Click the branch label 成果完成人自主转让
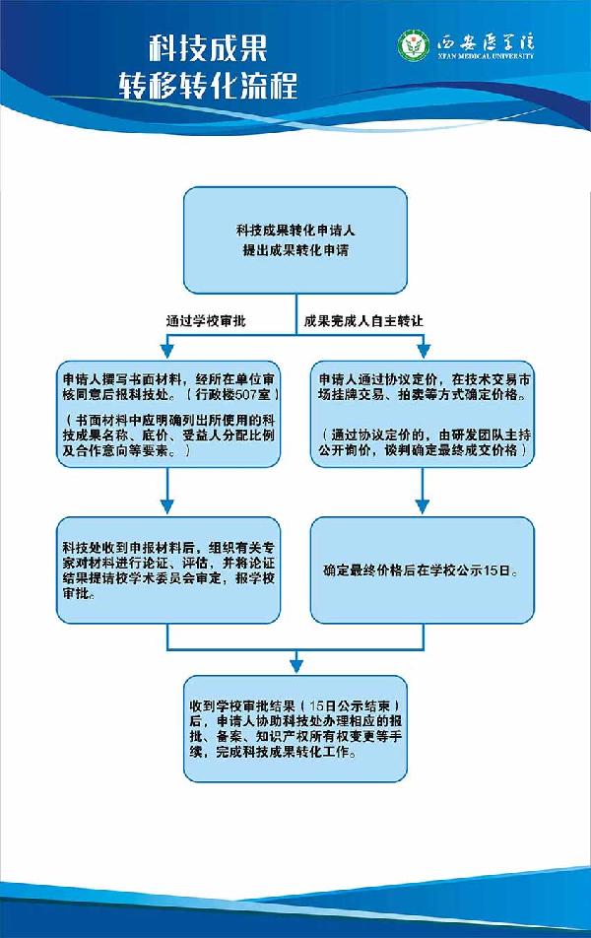363,320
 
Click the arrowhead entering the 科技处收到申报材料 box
168,507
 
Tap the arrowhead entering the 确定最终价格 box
423,507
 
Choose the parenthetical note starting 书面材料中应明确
167,435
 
